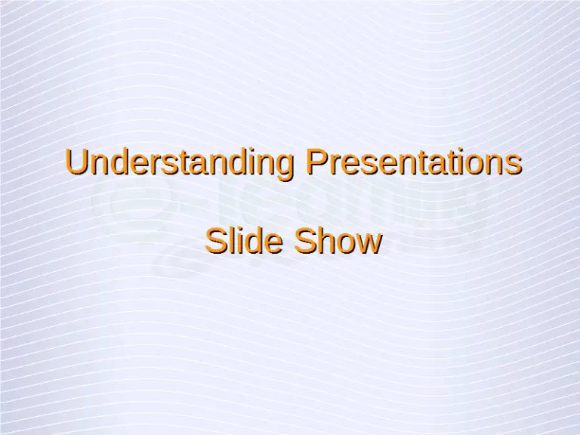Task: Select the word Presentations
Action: (x=412, y=162)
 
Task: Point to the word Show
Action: (x=337, y=241)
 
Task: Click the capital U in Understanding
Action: (x=75, y=162)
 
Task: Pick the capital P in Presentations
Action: (x=313, y=162)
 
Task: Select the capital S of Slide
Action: (x=216, y=241)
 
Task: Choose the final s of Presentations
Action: (x=514, y=165)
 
